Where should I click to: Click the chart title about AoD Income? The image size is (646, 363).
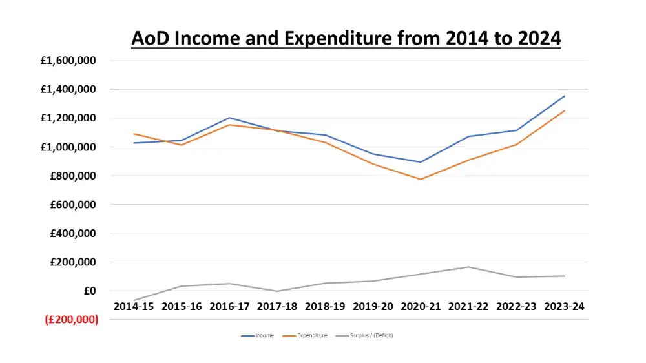346,39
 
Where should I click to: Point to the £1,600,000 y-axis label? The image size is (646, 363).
68,61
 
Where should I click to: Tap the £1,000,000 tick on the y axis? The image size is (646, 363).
68,147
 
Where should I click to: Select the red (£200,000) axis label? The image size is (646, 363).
72,320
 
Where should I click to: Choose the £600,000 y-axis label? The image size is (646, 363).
72,205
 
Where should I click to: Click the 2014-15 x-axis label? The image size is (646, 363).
134,307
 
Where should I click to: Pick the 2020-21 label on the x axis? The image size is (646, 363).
421,307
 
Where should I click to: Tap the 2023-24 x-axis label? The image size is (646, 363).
565,307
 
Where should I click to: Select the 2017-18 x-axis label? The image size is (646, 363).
277,307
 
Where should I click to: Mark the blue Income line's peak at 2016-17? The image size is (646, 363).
229,118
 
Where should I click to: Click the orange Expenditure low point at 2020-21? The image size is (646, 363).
421,179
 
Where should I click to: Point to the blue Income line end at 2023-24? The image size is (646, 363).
565,96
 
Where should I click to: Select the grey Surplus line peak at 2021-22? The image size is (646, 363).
468,267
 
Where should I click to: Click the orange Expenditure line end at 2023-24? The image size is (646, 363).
565,110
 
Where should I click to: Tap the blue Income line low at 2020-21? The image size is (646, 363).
421,162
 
